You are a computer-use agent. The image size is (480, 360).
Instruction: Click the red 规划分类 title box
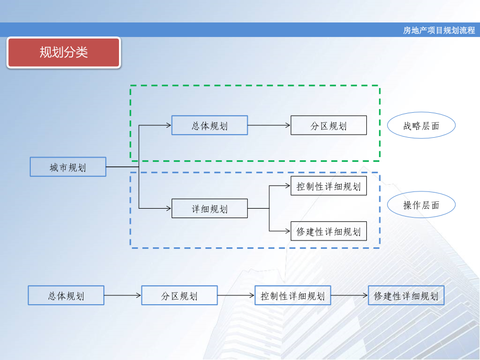tap(64, 52)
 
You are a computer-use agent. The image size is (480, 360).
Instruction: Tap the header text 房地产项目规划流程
tap(439, 30)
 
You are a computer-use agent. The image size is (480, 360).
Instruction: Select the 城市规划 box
tap(68, 167)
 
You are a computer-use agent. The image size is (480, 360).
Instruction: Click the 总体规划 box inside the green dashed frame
tap(209, 125)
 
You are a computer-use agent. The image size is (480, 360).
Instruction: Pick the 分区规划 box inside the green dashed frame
tap(328, 125)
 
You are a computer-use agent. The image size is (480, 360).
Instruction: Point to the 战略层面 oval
tap(421, 125)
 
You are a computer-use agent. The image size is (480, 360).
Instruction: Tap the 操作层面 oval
tap(421, 205)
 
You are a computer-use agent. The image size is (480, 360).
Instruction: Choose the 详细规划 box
tap(209, 209)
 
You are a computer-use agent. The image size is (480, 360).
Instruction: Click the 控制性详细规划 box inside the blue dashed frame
tap(328, 186)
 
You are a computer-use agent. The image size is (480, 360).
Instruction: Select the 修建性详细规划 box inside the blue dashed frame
tap(328, 231)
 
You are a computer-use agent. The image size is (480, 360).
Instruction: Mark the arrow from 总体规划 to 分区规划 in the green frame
tap(269, 125)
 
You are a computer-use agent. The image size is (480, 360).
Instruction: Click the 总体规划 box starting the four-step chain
tap(66, 295)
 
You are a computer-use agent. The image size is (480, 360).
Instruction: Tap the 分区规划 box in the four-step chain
tap(179, 295)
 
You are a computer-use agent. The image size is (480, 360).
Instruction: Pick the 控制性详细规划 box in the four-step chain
tap(293, 295)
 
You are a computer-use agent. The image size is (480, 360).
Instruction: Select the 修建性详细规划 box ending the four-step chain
tap(406, 295)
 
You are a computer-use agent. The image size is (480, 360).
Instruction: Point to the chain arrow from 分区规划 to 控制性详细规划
tap(236, 295)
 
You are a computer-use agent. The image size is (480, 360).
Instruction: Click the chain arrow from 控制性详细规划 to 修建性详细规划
tap(350, 295)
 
